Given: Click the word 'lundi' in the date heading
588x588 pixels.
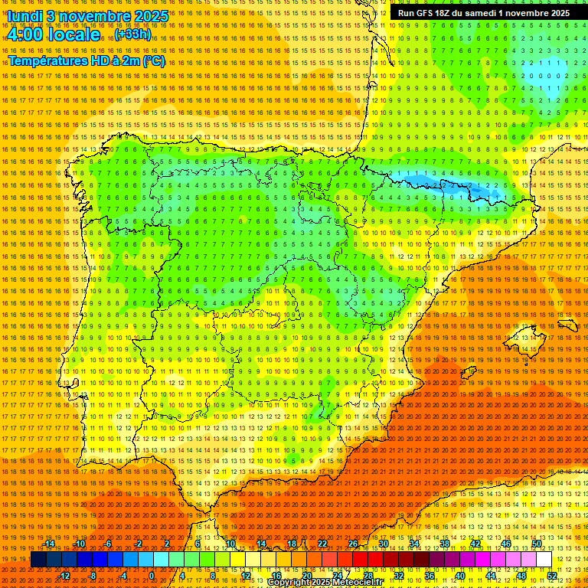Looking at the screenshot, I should pyautogui.click(x=24, y=16).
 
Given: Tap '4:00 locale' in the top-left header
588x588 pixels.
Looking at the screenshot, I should pyautogui.click(x=54, y=35).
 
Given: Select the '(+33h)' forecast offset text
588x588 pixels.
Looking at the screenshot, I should pyautogui.click(x=133, y=34).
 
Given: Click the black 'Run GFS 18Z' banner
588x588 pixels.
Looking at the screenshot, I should pyautogui.click(x=483, y=13).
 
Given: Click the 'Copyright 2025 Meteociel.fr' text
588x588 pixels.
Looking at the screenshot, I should pyautogui.click(x=335, y=583).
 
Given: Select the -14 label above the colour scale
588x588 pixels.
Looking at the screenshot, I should pyautogui.click(x=49, y=544).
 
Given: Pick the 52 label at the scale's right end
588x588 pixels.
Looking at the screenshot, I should pyautogui.click(x=552, y=576).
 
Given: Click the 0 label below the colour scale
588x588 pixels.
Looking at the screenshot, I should pyautogui.click(x=152, y=576).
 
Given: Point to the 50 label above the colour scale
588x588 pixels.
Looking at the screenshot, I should pyautogui.click(x=537, y=544).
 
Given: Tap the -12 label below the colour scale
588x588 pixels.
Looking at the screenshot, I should pyautogui.click(x=64, y=576).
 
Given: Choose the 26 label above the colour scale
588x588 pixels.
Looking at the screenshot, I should pyautogui.click(x=353, y=544).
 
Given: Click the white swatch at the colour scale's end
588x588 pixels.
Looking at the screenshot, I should pyautogui.click(x=544, y=560).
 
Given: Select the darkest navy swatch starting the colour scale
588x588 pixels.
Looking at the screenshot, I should pyautogui.click(x=38, y=560).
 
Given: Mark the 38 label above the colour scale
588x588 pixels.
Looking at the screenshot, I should pyautogui.click(x=445, y=544).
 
